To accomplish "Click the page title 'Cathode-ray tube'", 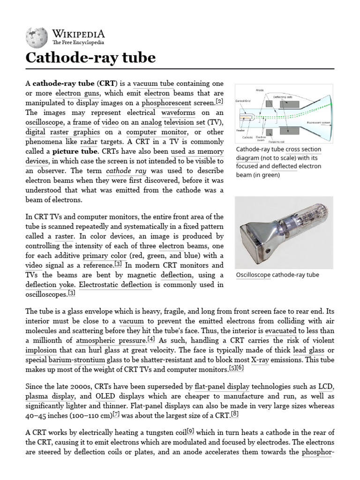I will (90, 58).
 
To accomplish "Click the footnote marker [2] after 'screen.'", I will (219, 101).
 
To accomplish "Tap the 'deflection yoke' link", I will (50, 285).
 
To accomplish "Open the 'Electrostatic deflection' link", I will (115, 285).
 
